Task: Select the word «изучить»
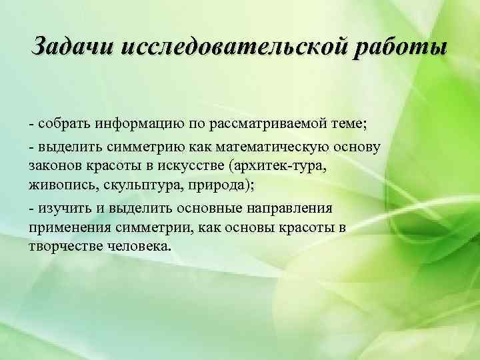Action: pos(61,209)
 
